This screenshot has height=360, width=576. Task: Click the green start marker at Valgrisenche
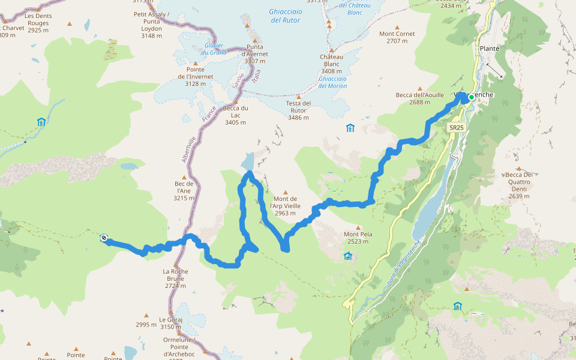point(472,97)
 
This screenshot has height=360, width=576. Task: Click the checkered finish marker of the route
point(104,238)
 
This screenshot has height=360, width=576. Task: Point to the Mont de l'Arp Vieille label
point(285,206)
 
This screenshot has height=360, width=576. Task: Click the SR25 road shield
point(457,128)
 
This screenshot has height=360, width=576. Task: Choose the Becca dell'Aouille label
point(419,98)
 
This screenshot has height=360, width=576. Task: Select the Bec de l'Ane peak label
point(184,190)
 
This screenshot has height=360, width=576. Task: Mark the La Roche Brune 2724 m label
point(175,278)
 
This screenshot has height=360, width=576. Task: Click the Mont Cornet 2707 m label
point(397,37)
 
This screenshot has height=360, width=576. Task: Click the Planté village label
point(490,49)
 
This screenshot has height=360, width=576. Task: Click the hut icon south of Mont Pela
point(347,256)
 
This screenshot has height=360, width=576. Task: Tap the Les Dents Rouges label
point(38,19)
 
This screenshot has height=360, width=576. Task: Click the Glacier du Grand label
point(214,49)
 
